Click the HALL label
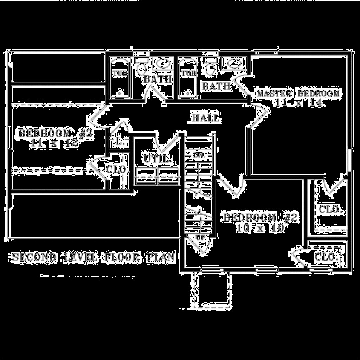point(206,118)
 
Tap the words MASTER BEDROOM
point(299,94)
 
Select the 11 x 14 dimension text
point(299,103)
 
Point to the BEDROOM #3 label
point(56,134)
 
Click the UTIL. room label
point(155,159)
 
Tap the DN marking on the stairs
point(198,155)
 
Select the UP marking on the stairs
point(200,237)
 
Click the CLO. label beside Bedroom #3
point(116,169)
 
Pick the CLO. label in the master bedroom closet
point(329,210)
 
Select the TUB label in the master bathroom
point(189,73)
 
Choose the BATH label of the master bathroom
point(216,86)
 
